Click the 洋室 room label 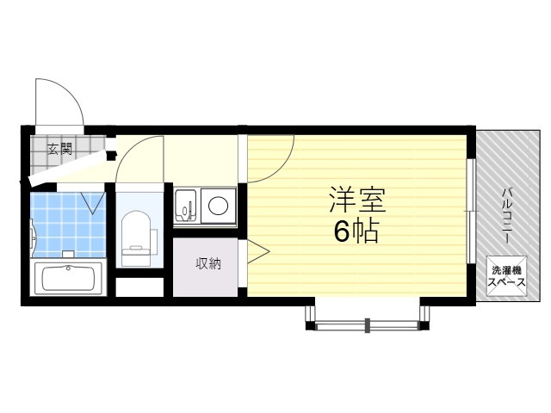pyautogui.click(x=357, y=200)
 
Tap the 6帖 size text pyautogui.click(x=356, y=231)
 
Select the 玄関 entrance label pyautogui.click(x=59, y=149)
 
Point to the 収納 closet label pyautogui.click(x=208, y=263)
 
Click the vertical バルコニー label pyautogui.click(x=506, y=216)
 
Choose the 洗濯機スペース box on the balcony pyautogui.click(x=506, y=276)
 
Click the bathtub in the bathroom pyautogui.click(x=68, y=279)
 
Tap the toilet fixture pyautogui.click(x=136, y=239)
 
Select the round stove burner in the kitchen pyautogui.click(x=218, y=206)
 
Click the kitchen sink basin pyautogui.click(x=186, y=206)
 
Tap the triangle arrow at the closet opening pyautogui.click(x=258, y=251)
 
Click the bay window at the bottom pyautogui.click(x=368, y=317)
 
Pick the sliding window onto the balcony pyautogui.click(x=471, y=211)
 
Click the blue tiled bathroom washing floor pyautogui.click(x=68, y=225)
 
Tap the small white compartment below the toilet pyautogui.click(x=139, y=287)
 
